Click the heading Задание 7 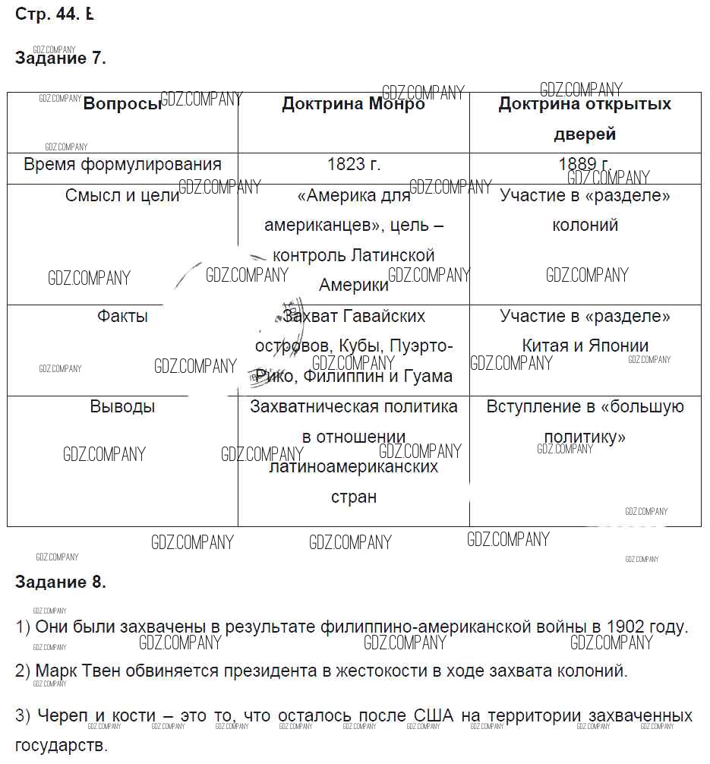[x=60, y=58]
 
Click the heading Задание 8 [x=60, y=582]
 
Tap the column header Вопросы [x=122, y=104]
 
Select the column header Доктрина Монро [x=353, y=104]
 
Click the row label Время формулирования [x=122, y=164]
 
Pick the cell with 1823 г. [x=354, y=164]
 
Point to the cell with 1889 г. [x=585, y=164]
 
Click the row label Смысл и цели [x=122, y=195]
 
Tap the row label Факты [x=122, y=316]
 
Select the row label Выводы [x=122, y=406]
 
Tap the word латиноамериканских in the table [x=354, y=466]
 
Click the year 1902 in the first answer [x=623, y=627]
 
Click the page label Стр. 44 [x=47, y=14]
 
